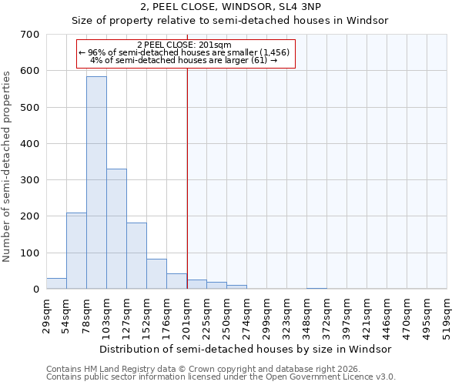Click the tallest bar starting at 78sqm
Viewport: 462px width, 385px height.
[x=96, y=182]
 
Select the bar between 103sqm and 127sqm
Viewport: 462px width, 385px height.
[x=116, y=229]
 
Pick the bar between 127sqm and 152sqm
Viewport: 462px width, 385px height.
[x=136, y=256]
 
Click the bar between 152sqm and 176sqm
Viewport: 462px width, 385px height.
[x=156, y=273]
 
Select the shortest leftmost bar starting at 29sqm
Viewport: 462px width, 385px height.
[x=56, y=283]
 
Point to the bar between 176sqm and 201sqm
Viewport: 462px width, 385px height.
[x=176, y=281]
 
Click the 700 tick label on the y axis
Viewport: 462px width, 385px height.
[x=30, y=35]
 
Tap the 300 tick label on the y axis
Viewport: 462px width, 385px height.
[x=30, y=180]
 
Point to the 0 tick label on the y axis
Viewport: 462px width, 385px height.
[x=35, y=290]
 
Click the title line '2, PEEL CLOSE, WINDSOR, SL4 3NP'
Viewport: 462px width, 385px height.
[x=231, y=6]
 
